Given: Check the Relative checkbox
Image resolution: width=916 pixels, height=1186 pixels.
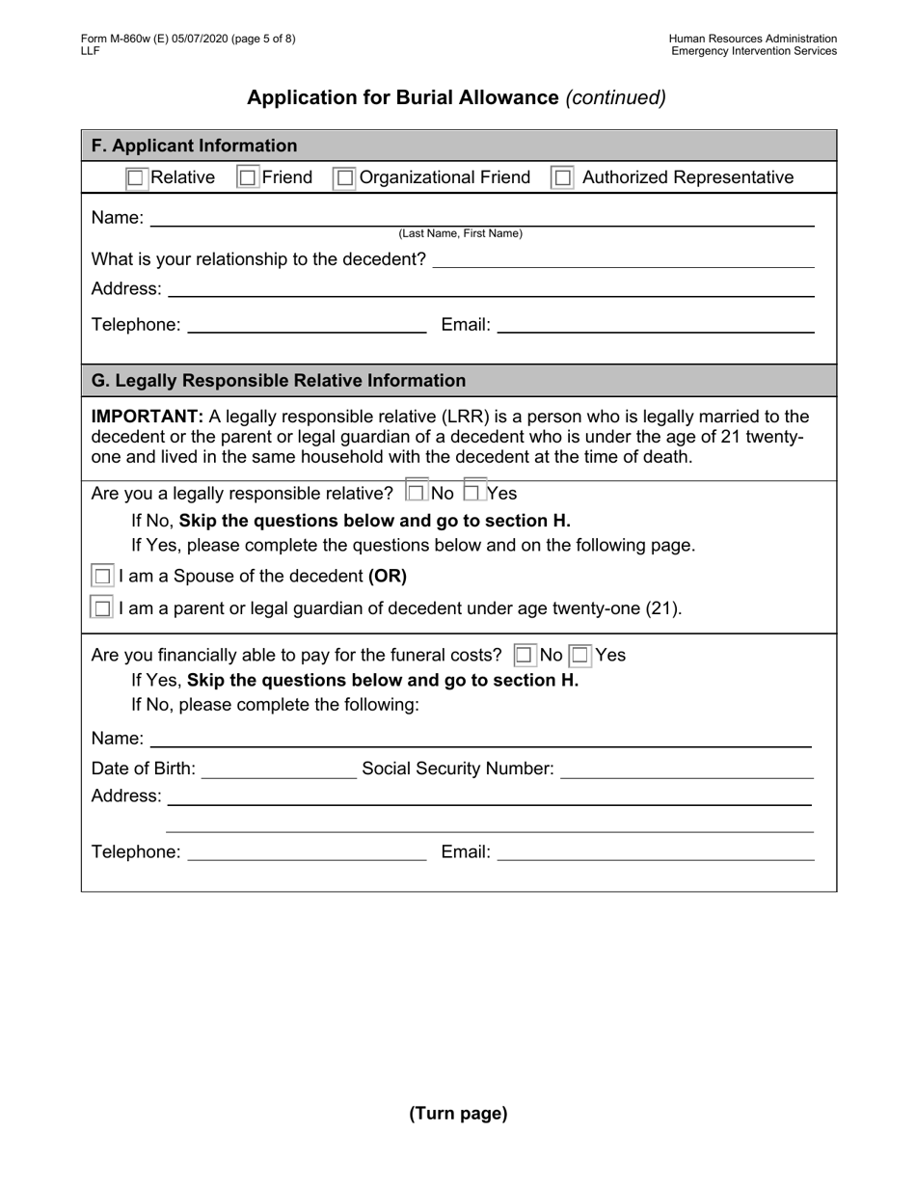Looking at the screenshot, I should pos(136,177).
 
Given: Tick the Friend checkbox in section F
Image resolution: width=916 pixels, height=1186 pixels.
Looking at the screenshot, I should pos(248,177).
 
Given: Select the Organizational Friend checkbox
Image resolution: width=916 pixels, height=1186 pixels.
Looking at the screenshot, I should pos(344,178).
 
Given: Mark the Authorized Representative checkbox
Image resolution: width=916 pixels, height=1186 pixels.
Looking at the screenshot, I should pos(562,178).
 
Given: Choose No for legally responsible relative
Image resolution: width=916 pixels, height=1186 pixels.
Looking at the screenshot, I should pos(416,493).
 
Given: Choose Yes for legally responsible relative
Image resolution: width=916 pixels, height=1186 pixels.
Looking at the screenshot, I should pos(473,493).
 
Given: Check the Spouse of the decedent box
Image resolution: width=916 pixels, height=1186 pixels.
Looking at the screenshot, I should pos(102,577).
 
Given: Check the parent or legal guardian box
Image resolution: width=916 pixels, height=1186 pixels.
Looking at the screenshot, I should pos(102,608).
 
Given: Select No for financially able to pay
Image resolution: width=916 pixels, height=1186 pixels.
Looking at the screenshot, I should pos(524,656).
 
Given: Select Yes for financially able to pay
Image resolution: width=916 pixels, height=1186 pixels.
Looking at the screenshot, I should pos(579,656).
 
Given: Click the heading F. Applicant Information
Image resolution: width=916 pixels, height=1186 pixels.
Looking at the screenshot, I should pos(194,146).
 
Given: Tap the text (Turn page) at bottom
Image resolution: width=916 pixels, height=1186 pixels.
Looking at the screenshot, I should pos(458,1114).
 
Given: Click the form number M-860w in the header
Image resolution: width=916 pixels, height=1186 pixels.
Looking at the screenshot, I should pos(127,39).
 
